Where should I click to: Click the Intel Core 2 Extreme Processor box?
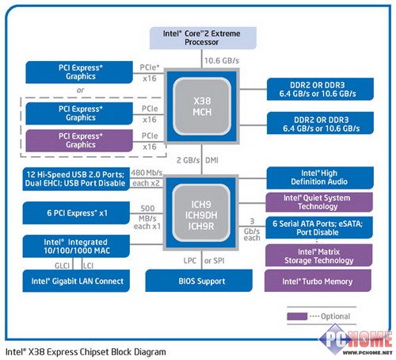(x=203, y=38)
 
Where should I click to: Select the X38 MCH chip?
(x=202, y=106)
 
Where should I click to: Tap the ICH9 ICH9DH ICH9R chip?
(x=201, y=213)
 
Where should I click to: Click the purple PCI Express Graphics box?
(x=79, y=140)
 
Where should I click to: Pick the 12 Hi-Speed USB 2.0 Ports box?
(x=76, y=179)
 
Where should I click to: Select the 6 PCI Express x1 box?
(x=76, y=213)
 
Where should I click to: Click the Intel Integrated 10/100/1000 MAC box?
(x=76, y=247)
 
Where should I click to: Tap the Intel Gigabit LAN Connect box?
(x=76, y=281)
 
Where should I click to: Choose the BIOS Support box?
(x=199, y=281)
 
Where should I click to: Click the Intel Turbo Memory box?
(x=318, y=281)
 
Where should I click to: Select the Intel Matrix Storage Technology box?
(x=318, y=255)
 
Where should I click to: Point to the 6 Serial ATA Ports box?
(x=319, y=228)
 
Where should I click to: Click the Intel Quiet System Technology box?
(x=319, y=202)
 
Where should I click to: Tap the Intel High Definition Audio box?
(x=320, y=178)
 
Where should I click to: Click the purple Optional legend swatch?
(x=297, y=316)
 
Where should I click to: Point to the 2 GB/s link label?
(x=188, y=160)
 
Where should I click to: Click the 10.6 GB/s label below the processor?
(x=222, y=61)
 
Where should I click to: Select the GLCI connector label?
(x=62, y=266)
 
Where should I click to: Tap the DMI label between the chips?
(x=211, y=160)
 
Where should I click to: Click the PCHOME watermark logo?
(x=356, y=341)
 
